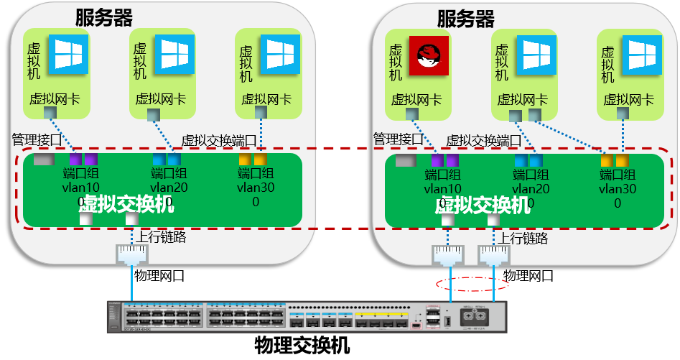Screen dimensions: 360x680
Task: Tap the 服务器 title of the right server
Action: tap(466, 17)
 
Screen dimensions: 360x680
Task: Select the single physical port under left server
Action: tap(132, 254)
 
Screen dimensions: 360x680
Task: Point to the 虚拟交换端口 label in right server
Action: tap(484, 140)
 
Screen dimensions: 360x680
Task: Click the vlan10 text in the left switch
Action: tap(81, 188)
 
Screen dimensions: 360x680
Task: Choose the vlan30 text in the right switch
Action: tap(617, 189)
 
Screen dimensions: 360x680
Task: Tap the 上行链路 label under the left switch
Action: tap(162, 236)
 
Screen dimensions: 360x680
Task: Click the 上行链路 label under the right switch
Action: tap(524, 238)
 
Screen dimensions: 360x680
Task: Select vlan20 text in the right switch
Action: tap(531, 189)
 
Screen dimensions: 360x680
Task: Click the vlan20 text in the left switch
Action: tap(169, 188)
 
